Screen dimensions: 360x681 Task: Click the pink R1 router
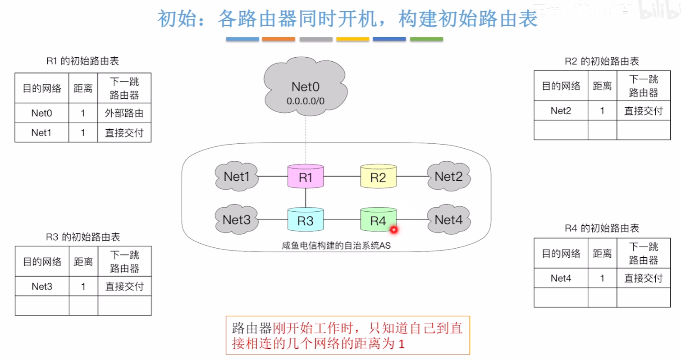(306, 177)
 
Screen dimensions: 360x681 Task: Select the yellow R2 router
(378, 177)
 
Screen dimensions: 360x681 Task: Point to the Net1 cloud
(237, 176)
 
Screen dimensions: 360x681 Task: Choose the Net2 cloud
(448, 176)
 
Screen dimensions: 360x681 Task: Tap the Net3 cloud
(237, 220)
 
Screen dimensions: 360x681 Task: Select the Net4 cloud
(448, 220)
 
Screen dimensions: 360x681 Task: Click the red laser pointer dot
(393, 230)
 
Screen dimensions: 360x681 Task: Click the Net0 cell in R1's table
(42, 114)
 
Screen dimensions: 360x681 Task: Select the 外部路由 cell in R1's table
(124, 114)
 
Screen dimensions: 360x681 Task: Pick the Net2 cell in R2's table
(561, 111)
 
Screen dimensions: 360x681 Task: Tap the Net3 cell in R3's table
(42, 286)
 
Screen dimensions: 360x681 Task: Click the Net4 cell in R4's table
(561, 278)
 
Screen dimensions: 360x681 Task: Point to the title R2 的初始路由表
(602, 62)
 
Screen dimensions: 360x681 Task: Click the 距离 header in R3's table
(83, 261)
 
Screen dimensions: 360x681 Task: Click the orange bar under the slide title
(279, 40)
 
